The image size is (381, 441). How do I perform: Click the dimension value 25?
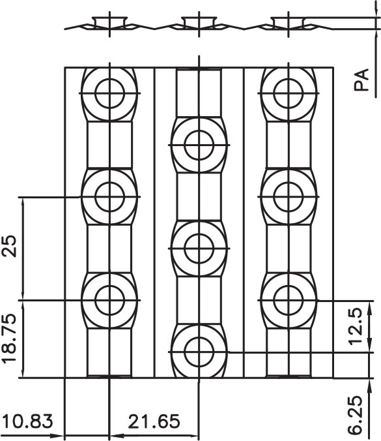click(10, 247)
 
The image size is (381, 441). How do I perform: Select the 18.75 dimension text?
click(9, 339)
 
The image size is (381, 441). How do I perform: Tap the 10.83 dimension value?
click(29, 421)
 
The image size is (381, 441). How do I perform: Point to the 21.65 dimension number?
click(154, 421)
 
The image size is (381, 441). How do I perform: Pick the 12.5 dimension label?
click(356, 326)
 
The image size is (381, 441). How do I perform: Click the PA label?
click(361, 80)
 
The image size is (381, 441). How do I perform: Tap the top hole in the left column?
click(109, 93)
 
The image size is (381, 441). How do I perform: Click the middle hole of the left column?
click(109, 197)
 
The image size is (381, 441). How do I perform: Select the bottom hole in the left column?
click(109, 300)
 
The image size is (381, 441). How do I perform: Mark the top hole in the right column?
click(289, 93)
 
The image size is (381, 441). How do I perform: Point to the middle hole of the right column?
click(289, 197)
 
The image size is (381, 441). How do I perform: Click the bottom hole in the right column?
click(289, 300)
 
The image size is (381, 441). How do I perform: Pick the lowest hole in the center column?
click(199, 352)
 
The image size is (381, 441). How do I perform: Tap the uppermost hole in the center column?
click(199, 145)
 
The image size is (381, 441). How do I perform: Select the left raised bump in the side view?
click(109, 22)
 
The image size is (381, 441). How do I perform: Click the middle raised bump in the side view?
click(199, 22)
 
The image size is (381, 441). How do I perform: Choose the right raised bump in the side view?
click(289, 22)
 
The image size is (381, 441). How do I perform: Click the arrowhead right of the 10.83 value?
click(59, 436)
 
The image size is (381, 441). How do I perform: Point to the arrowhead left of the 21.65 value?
click(116, 436)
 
